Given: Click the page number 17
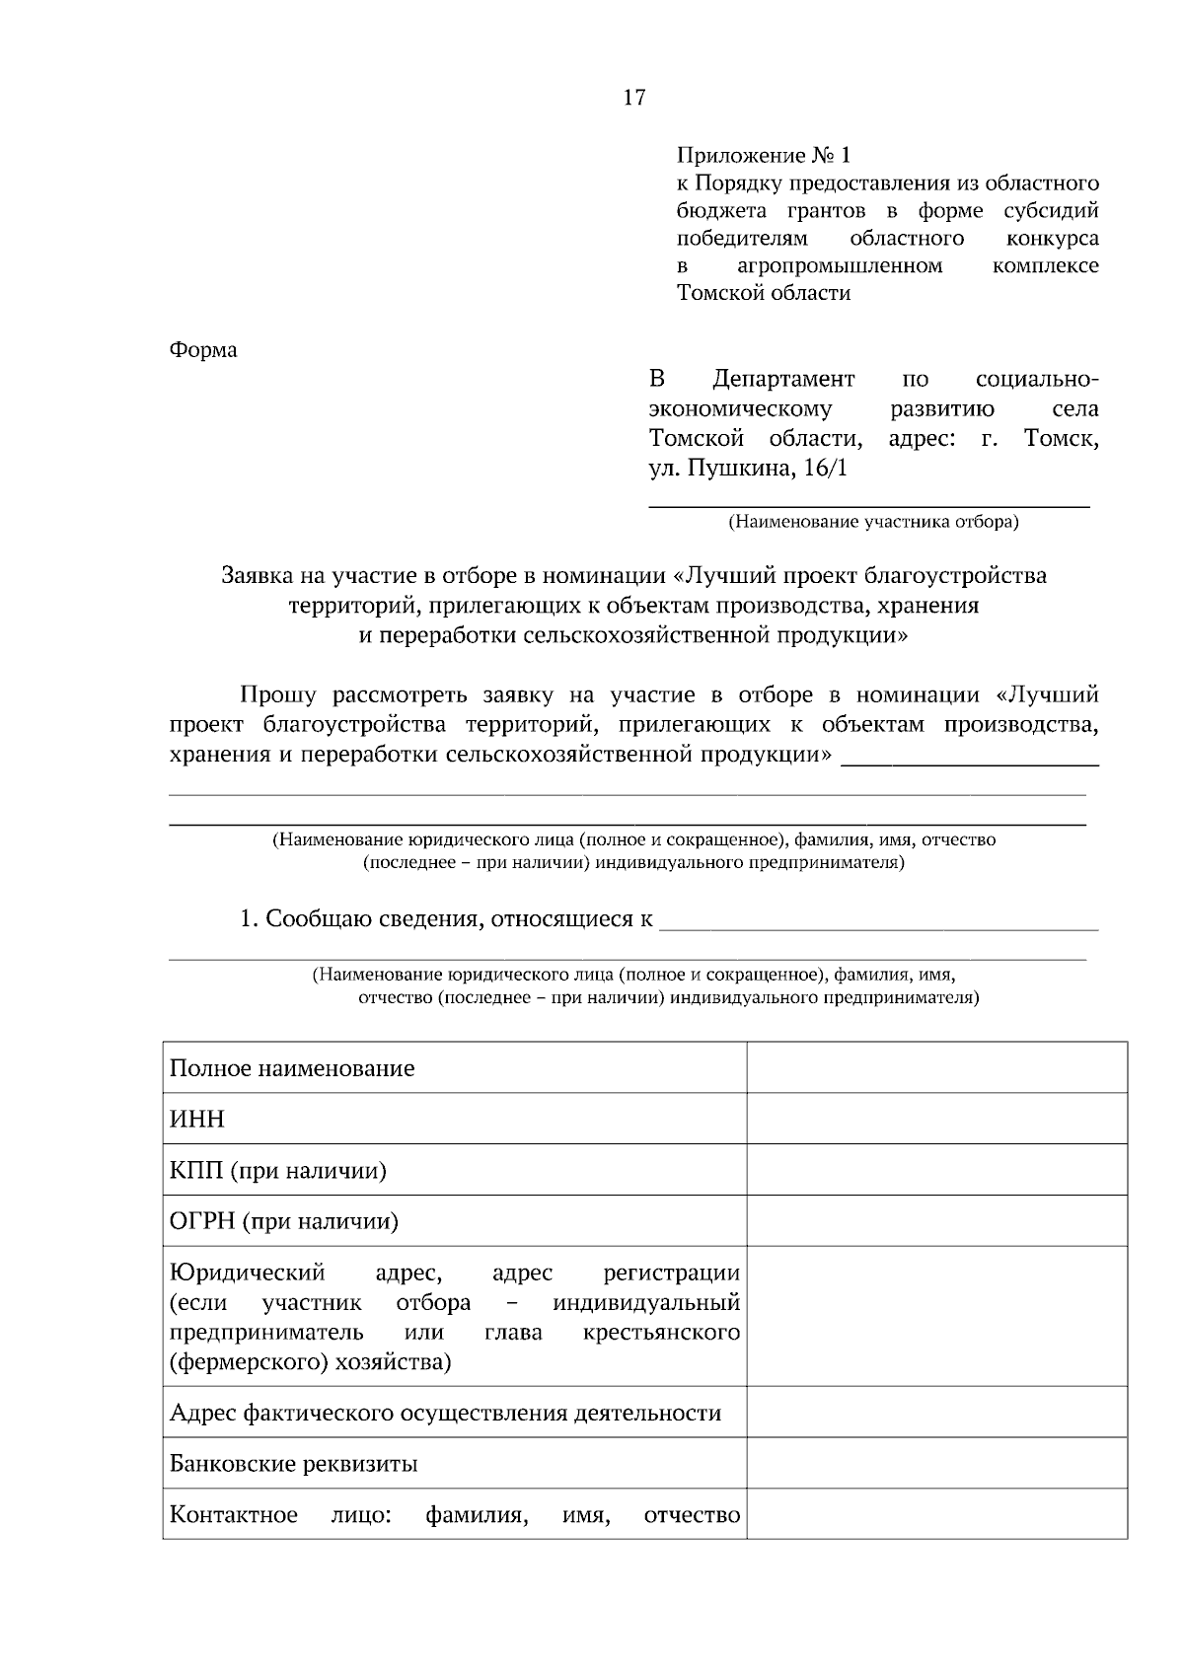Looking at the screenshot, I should click(x=633, y=97).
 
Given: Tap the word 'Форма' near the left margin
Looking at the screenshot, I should click(x=203, y=350).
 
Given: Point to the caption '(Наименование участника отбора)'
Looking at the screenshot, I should click(x=872, y=522).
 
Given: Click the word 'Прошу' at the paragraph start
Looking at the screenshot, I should click(x=278, y=694).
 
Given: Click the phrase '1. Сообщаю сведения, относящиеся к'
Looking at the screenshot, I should click(x=446, y=919).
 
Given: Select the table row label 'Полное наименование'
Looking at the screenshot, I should click(x=292, y=1068).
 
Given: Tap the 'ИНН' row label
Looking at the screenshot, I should click(x=197, y=1120).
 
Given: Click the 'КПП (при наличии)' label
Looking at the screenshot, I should click(x=278, y=1171).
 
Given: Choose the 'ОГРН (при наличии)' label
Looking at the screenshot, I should click(x=284, y=1222).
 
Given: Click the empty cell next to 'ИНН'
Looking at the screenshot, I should click(x=936, y=1119).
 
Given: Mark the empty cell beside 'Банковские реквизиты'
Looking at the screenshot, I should click(x=936, y=1463).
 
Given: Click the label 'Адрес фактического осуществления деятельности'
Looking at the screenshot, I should click(x=445, y=1413).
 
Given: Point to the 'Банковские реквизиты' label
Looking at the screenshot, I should click(x=293, y=1464).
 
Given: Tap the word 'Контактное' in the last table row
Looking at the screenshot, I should click(x=234, y=1515).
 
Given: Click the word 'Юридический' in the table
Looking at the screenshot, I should click(x=247, y=1274).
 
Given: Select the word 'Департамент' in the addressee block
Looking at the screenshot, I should click(x=783, y=380).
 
